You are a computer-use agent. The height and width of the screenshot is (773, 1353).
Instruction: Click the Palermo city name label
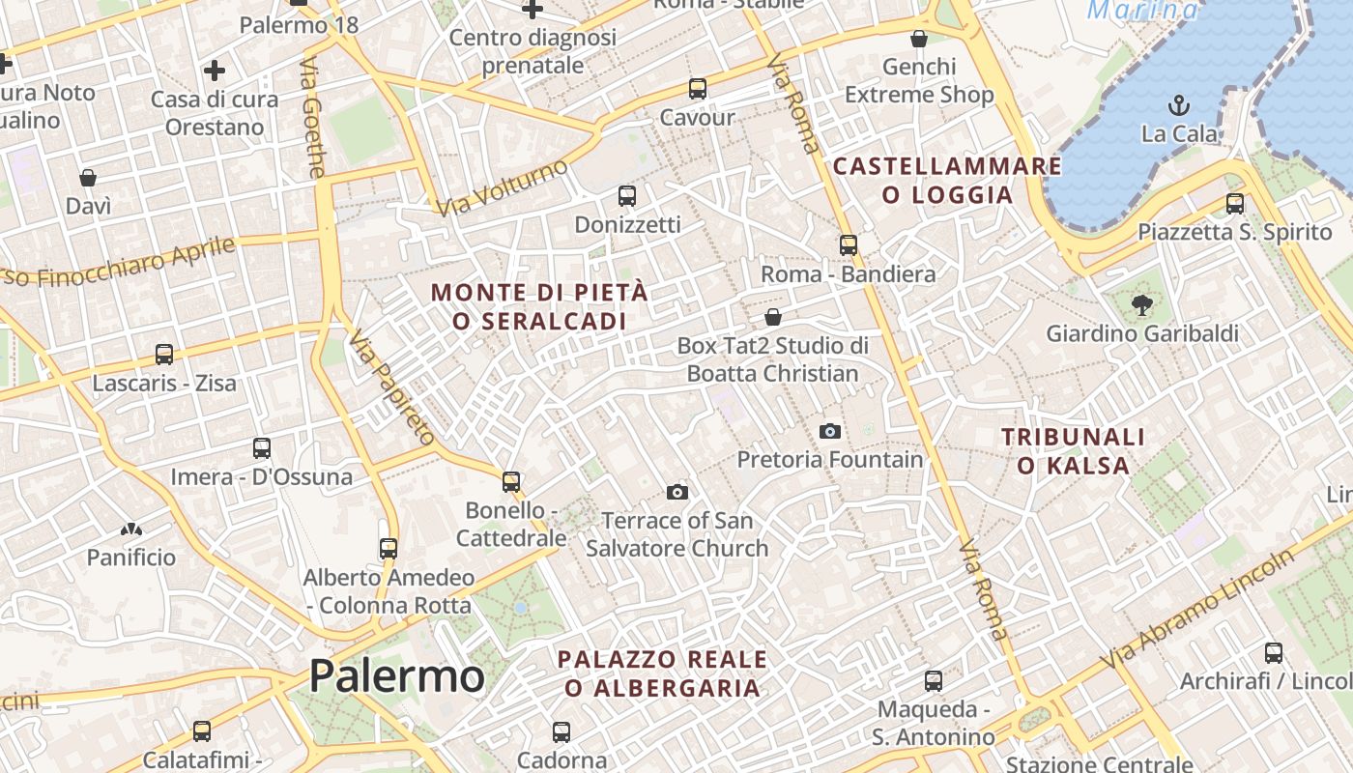(x=396, y=675)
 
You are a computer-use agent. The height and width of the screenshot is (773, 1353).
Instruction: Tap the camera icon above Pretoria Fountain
(x=829, y=431)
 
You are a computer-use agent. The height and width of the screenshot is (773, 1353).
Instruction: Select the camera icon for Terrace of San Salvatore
(x=677, y=492)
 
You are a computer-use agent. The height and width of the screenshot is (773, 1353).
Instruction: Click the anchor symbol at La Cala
(x=1178, y=105)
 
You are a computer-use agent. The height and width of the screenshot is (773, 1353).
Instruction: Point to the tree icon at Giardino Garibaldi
(x=1141, y=305)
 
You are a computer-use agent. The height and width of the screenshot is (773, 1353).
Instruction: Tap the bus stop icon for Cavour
(x=697, y=89)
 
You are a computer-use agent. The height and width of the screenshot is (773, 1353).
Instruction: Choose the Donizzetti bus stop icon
(x=627, y=196)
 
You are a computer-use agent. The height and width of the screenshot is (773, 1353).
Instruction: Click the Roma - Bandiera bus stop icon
(x=848, y=245)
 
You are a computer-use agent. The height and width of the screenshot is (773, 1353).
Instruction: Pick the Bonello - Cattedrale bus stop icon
(x=510, y=481)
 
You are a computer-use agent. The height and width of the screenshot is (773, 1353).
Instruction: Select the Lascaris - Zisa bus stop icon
(x=163, y=355)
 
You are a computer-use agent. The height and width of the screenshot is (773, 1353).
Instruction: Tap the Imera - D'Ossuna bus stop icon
(x=261, y=448)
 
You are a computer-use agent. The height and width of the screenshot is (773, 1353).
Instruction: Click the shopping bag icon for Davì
(x=88, y=178)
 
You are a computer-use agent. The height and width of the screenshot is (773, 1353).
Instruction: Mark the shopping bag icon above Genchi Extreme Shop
(x=918, y=39)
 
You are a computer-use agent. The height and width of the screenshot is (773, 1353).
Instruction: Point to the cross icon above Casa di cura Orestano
(x=215, y=70)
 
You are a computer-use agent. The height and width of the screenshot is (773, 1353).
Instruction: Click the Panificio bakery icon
(x=131, y=530)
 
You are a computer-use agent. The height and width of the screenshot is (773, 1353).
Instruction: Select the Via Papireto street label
(x=392, y=386)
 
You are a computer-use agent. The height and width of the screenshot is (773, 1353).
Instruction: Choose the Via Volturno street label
(x=502, y=187)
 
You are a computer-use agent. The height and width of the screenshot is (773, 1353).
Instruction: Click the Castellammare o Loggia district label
(x=947, y=180)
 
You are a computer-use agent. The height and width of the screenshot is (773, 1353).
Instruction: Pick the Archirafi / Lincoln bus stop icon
(x=1273, y=652)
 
